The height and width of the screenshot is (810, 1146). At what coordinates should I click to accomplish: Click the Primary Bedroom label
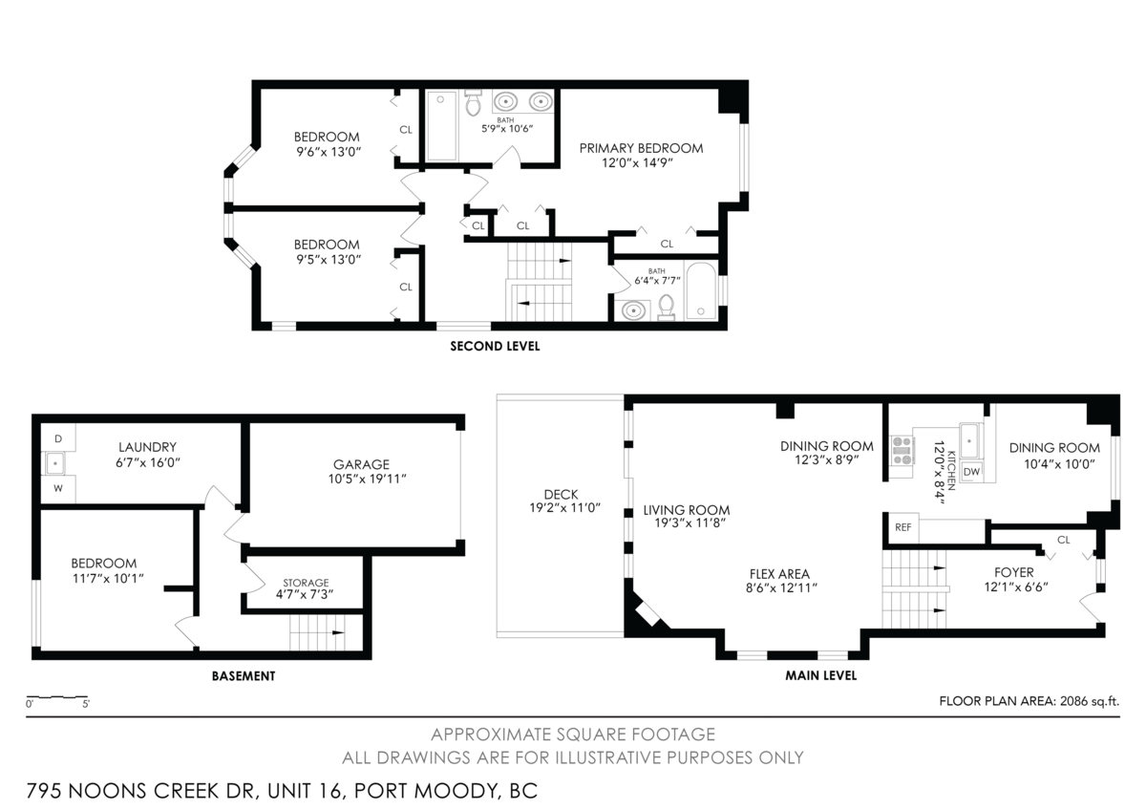pos(641,148)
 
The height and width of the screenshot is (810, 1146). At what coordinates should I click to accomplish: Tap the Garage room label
pos(361,464)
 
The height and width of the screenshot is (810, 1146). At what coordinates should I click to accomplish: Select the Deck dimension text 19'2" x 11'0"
pos(564,508)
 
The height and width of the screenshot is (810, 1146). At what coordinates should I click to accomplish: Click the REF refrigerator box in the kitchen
pos(903,527)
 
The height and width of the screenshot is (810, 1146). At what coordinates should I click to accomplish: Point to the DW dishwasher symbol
pos(971,472)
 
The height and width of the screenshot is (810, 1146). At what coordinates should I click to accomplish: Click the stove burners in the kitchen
pos(902,451)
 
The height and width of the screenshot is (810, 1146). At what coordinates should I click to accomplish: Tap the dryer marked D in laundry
pos(58,438)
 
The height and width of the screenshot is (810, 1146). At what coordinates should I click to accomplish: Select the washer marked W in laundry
pos(58,489)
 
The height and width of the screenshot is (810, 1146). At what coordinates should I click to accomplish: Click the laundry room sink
pos(54,463)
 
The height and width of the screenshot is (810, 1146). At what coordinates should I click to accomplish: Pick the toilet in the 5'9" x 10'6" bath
pos(474,103)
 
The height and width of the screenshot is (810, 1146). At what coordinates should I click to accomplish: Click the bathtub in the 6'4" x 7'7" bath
pos(701,291)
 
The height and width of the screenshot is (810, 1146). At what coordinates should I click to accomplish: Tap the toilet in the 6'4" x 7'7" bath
pos(667,308)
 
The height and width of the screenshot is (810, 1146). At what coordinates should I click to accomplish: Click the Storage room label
pos(306,583)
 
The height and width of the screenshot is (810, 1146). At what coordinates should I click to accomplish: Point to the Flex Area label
pos(779,574)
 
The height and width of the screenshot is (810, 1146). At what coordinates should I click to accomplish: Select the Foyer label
pos(1014,572)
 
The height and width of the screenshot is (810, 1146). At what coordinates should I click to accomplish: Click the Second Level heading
pos(495,347)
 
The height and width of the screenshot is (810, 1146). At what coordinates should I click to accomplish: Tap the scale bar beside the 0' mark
pos(57,697)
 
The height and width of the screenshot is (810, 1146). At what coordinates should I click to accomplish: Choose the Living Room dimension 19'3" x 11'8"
pos(690,522)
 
